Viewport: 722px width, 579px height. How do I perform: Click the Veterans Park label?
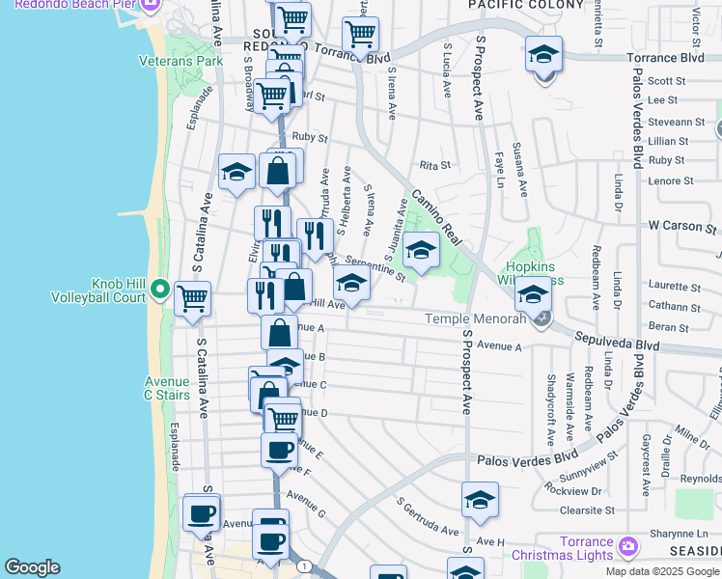(x=194, y=61)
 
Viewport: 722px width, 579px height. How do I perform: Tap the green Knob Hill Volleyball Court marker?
(x=159, y=289)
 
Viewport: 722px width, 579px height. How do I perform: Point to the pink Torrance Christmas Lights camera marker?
(x=628, y=547)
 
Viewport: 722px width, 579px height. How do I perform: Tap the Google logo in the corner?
(x=32, y=567)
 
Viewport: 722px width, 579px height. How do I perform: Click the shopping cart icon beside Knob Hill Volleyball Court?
(x=193, y=298)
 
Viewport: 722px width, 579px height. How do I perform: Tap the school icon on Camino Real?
(x=421, y=251)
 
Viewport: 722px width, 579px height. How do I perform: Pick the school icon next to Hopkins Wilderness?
(x=532, y=293)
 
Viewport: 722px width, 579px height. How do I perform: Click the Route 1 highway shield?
(x=305, y=565)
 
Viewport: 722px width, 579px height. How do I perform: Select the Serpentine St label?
(x=375, y=268)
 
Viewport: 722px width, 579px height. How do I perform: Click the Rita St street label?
(x=434, y=165)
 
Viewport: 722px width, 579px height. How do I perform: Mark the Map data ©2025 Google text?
(x=663, y=571)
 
